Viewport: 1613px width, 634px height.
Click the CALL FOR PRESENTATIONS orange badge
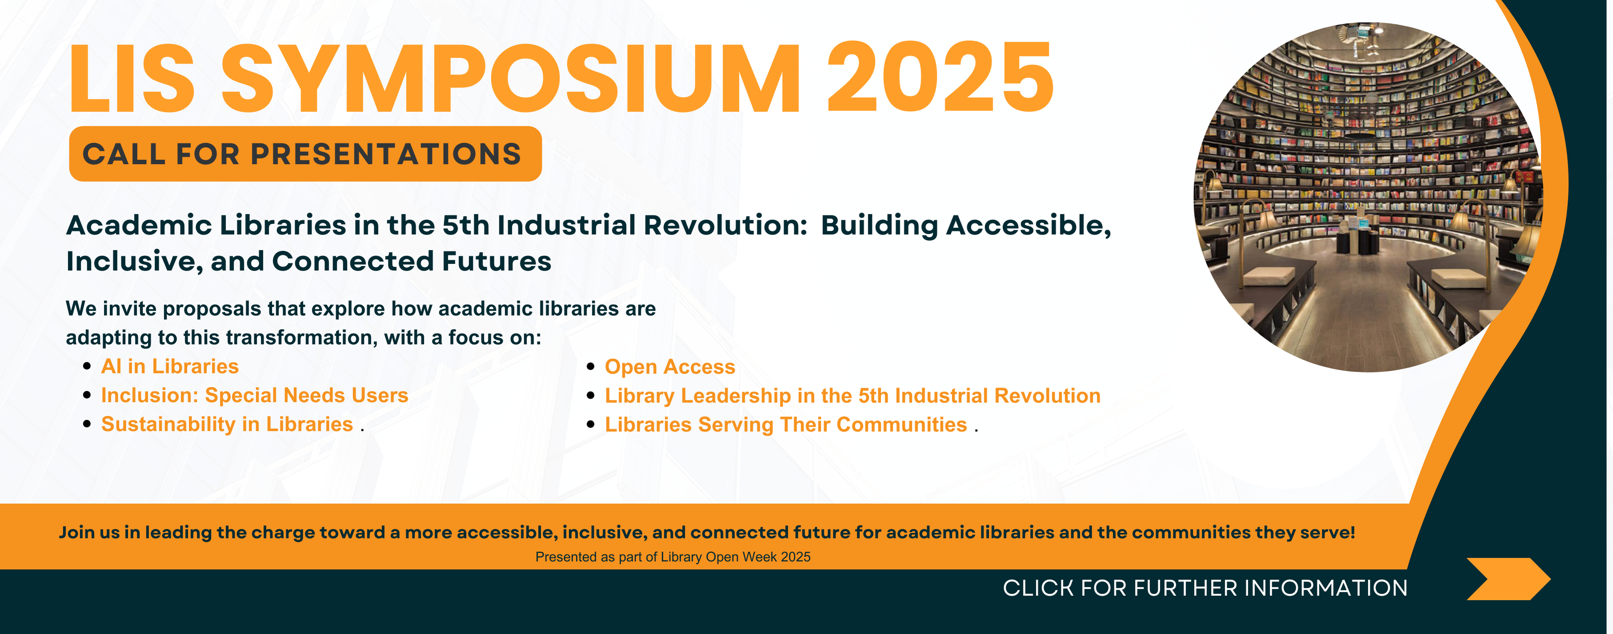[x=305, y=153]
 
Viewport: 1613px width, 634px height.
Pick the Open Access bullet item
[x=670, y=367]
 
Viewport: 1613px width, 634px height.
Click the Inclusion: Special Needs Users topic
[x=255, y=396]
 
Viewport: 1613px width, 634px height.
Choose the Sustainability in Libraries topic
[x=227, y=424]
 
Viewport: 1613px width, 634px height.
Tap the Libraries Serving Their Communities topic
[x=786, y=425]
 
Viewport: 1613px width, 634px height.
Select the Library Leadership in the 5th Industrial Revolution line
[x=853, y=396]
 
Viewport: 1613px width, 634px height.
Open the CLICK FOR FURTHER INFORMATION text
[x=1205, y=588]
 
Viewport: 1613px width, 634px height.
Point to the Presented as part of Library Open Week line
[x=673, y=557]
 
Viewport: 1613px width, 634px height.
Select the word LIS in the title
[x=132, y=79]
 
